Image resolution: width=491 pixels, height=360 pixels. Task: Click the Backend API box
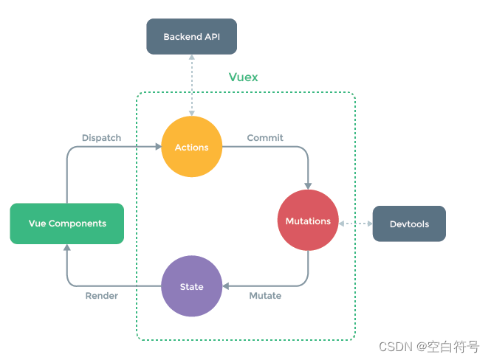(191, 36)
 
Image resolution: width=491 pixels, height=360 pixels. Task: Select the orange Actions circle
(191, 148)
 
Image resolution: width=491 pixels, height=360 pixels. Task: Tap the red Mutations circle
(308, 221)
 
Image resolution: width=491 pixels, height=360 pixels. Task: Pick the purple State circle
(191, 286)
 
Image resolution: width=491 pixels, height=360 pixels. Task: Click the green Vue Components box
(66, 224)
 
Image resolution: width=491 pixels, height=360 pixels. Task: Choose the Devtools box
(409, 224)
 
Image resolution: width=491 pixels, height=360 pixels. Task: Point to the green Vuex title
(244, 77)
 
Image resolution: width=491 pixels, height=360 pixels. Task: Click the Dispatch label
(101, 138)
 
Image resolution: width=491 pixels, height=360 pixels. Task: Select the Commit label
(265, 138)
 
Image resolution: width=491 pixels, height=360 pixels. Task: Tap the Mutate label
(265, 296)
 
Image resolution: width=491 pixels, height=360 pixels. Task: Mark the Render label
(102, 296)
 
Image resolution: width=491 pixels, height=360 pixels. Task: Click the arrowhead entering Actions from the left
(158, 148)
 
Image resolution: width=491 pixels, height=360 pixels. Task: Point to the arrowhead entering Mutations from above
(308, 186)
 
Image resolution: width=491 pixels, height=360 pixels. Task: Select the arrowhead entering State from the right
(226, 286)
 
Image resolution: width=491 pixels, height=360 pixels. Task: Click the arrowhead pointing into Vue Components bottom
(66, 248)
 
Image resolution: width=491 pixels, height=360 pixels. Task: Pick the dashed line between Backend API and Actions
(191, 85)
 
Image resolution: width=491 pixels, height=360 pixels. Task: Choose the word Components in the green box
(78, 224)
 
